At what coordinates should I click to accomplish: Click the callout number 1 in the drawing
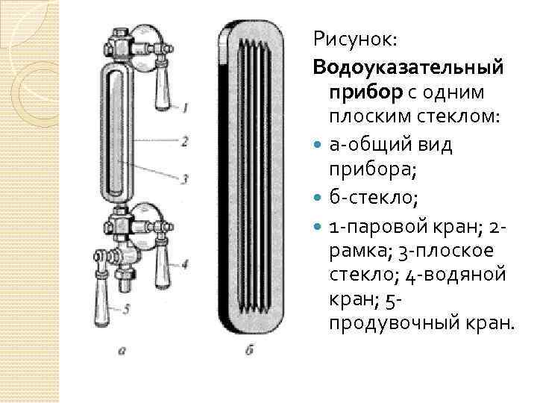click(185, 108)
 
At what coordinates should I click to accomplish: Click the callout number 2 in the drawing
click(185, 140)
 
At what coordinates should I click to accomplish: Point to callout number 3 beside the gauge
click(185, 178)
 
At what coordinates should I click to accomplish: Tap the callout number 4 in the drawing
click(185, 263)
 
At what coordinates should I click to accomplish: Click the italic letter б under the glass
click(249, 349)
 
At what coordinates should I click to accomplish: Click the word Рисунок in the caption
click(350, 37)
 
